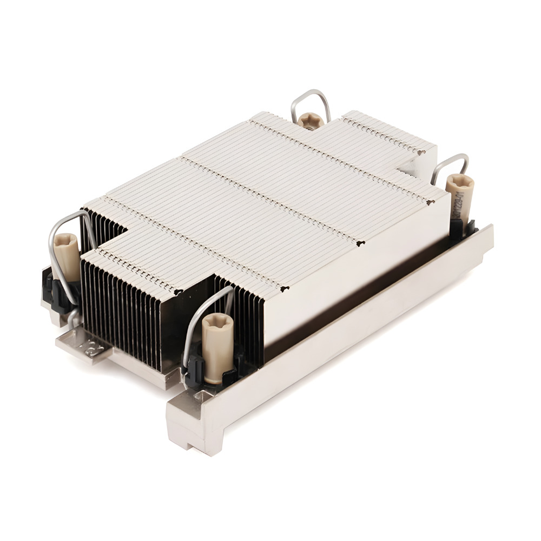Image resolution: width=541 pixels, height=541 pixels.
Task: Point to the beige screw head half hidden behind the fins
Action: [x=311, y=120]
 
